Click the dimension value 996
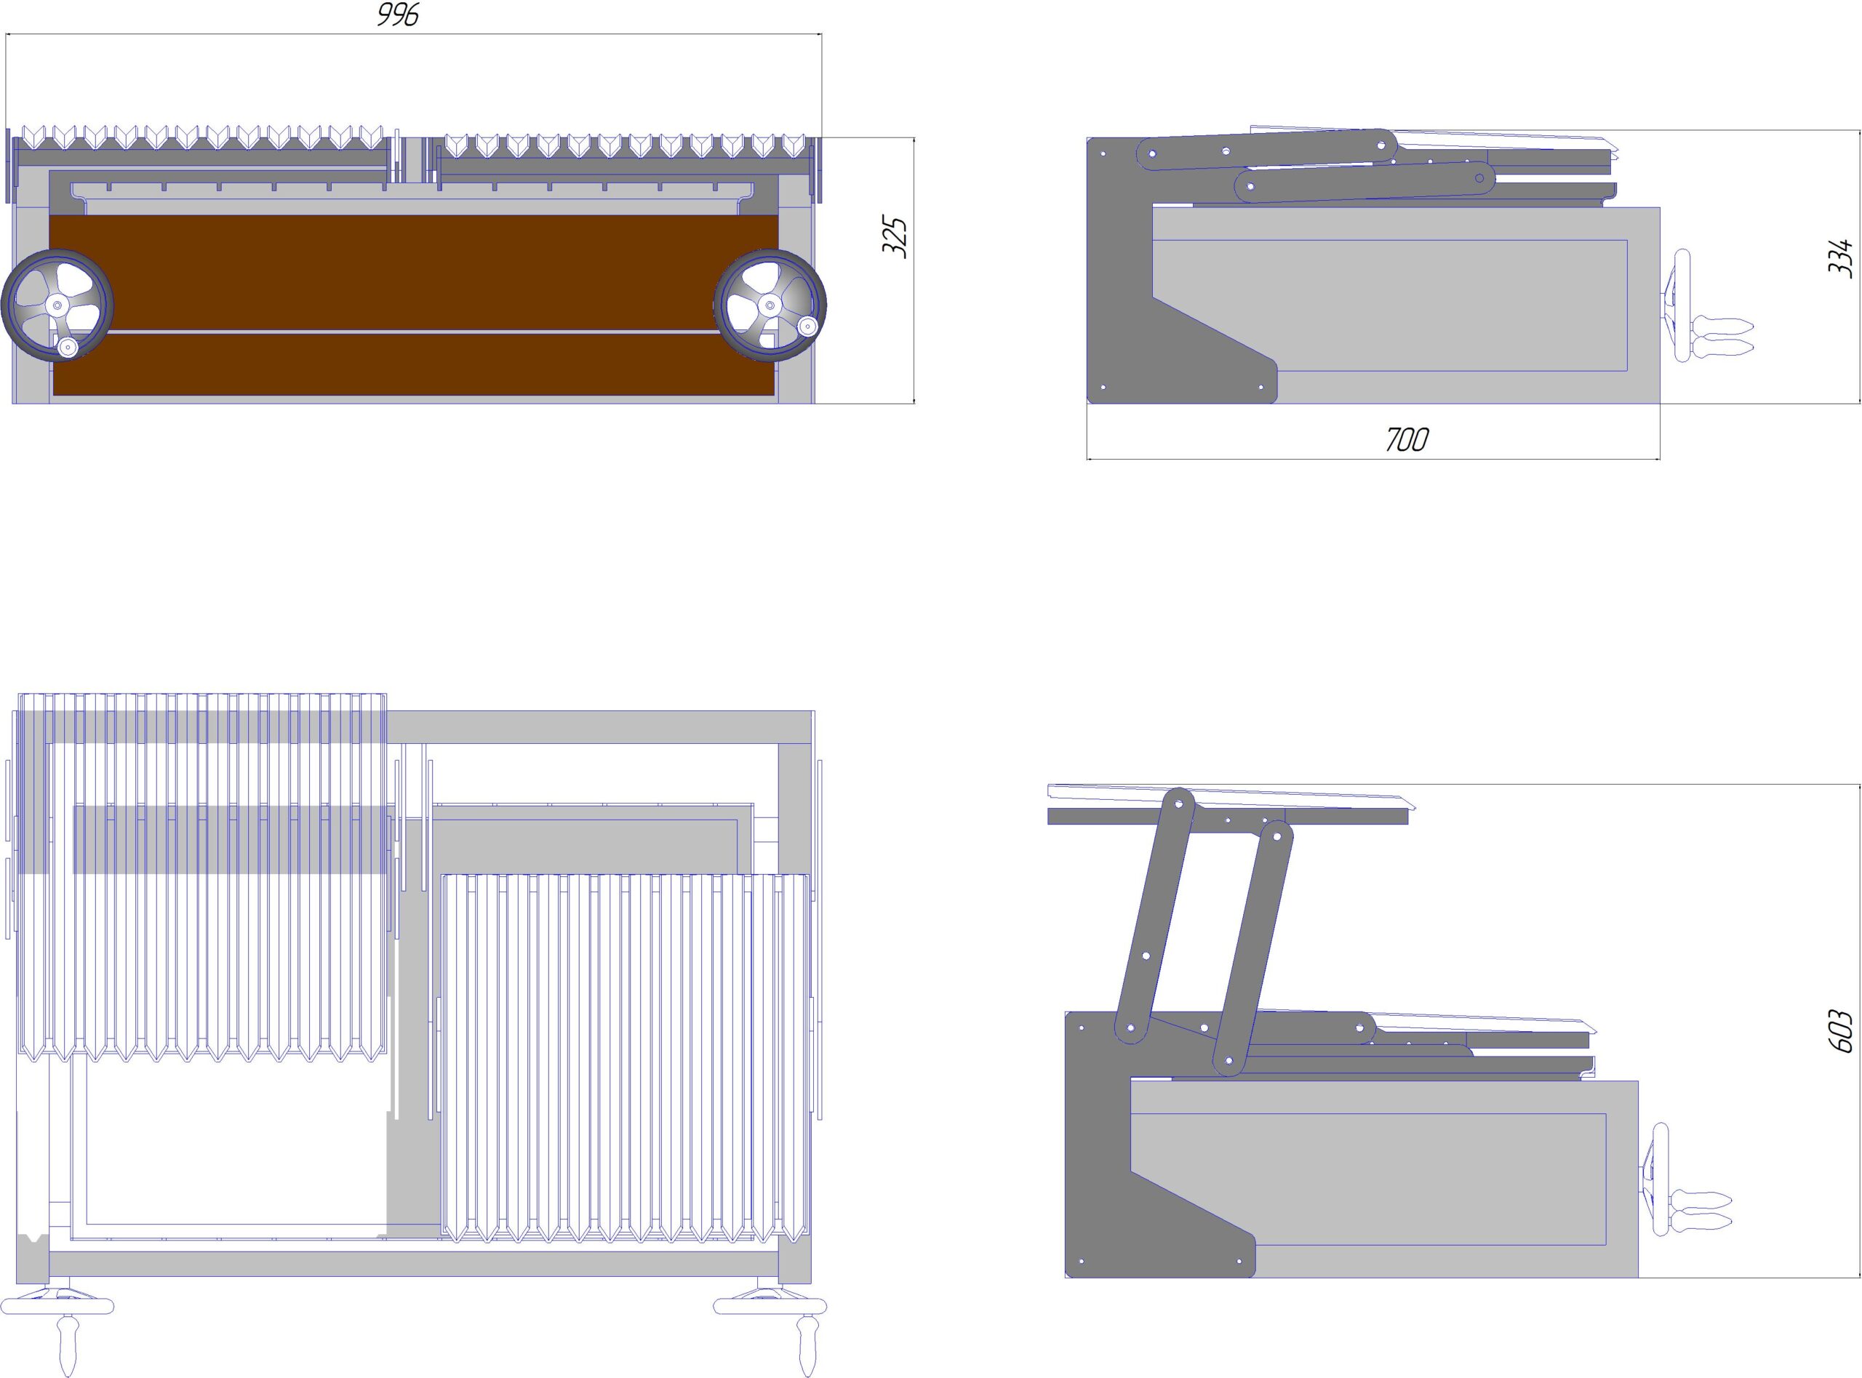click(x=398, y=15)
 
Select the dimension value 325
click(x=895, y=238)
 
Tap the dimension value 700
click(x=1407, y=440)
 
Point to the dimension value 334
click(x=1839, y=257)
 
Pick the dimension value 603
click(x=1839, y=1031)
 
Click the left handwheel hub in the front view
click(x=57, y=305)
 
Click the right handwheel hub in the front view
click(x=769, y=305)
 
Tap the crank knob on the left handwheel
click(x=68, y=348)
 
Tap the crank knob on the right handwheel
click(x=807, y=325)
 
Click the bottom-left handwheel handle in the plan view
click(x=68, y=1345)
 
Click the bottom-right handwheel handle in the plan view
click(x=807, y=1345)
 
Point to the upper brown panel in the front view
click(x=413, y=272)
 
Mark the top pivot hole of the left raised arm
click(x=1179, y=804)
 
